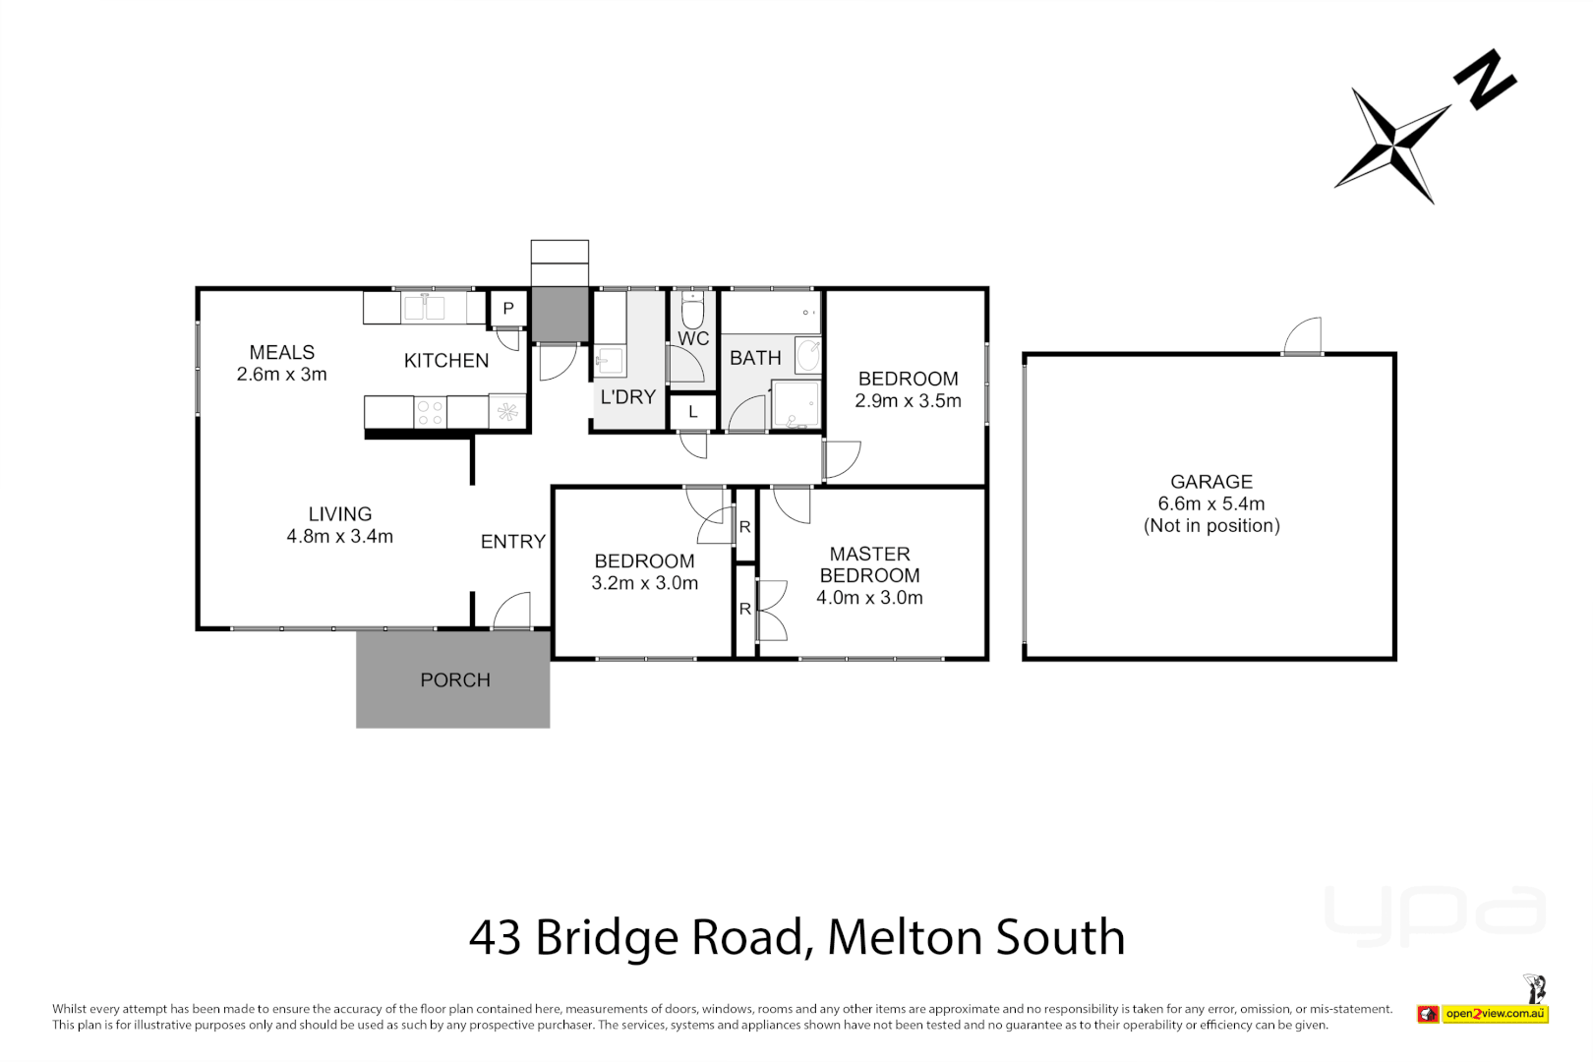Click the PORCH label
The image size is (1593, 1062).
pos(454,680)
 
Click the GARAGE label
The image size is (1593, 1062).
pos(1210,482)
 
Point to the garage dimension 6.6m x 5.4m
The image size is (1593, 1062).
pos(1210,504)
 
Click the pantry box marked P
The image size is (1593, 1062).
pos(508,309)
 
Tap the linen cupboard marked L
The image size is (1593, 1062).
pos(693,412)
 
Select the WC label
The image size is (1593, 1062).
pos(693,339)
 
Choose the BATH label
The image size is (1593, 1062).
pos(755,359)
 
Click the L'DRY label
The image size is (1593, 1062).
pos(627,397)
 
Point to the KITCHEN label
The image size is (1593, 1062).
pos(446,361)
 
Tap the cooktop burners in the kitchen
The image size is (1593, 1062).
pos(430,412)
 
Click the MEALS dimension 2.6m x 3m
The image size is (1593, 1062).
pos(281,375)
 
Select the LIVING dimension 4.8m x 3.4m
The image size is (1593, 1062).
pos(339,537)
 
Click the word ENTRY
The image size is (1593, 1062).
pos(512,542)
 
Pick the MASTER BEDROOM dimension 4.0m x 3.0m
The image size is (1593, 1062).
pos(869,598)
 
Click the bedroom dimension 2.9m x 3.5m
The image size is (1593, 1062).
pos(908,401)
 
